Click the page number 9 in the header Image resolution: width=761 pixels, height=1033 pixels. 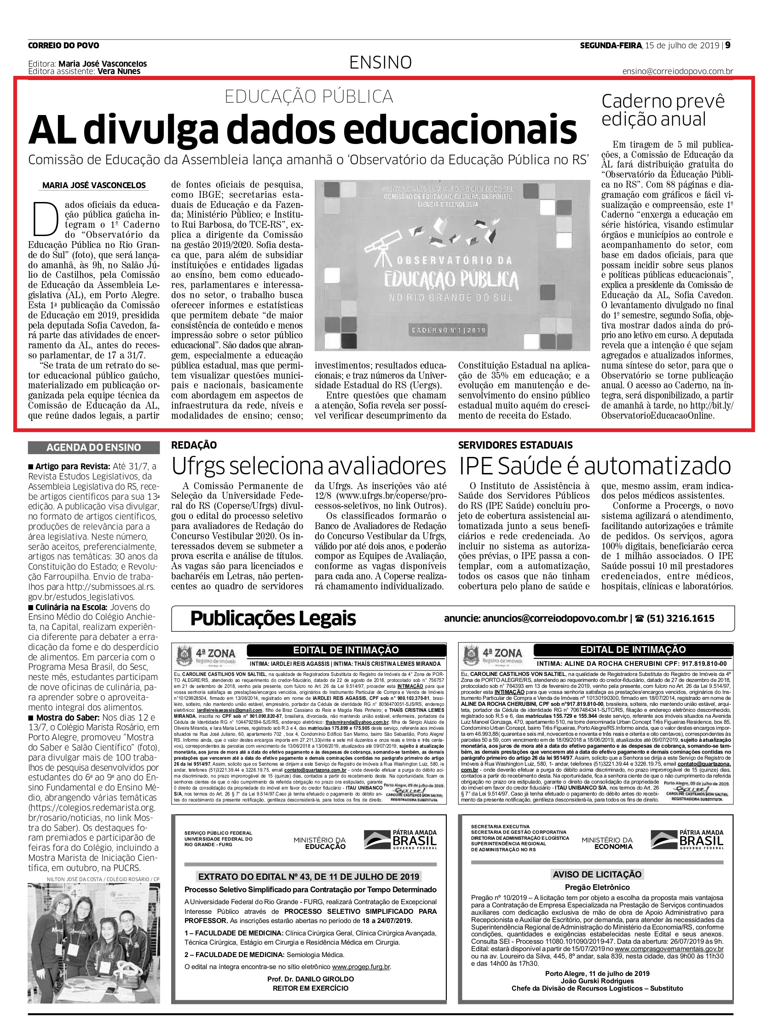point(728,45)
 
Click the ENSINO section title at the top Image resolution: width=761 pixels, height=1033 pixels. point(380,62)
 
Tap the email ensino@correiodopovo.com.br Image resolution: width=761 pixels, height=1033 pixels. point(678,71)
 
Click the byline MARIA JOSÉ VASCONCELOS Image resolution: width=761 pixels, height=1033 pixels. point(94,185)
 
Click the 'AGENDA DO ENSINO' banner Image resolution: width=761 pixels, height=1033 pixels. point(94,447)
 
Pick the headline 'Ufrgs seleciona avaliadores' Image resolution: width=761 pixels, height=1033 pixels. point(309,466)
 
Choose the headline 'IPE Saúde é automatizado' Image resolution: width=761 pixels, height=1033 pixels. point(595,466)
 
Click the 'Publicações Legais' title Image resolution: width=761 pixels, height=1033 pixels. point(273,618)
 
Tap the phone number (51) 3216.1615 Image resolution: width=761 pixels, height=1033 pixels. point(680,618)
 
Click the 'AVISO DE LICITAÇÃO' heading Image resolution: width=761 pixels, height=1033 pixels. point(597,874)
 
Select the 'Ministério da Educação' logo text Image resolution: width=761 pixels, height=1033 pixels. point(319,843)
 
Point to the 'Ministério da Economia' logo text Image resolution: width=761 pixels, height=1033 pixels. point(607,843)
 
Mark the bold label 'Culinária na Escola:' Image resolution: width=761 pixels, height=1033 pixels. point(71,607)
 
